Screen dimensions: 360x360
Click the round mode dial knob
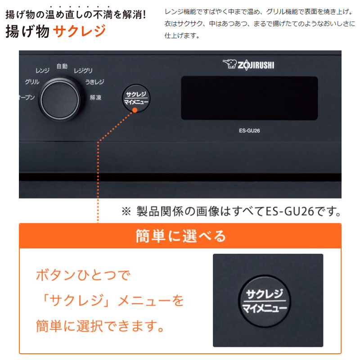click(x=60, y=99)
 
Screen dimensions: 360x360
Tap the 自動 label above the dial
click(x=62, y=66)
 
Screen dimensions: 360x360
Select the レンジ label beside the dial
click(x=42, y=71)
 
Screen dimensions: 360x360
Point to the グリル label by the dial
click(x=32, y=82)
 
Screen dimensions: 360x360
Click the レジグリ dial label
click(x=83, y=71)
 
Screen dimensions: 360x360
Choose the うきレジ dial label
click(x=94, y=82)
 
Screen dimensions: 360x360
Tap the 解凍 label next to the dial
click(x=95, y=98)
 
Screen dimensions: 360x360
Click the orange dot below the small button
click(x=135, y=110)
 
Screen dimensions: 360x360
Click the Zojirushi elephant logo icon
click(x=229, y=64)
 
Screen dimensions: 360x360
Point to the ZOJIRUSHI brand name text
click(x=256, y=65)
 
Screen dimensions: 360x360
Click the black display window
click(x=250, y=98)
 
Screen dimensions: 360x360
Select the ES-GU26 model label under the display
click(x=249, y=130)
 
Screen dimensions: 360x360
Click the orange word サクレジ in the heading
click(x=80, y=31)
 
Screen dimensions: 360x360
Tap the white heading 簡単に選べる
click(x=181, y=236)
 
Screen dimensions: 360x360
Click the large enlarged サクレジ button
click(x=265, y=301)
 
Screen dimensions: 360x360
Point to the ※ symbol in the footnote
click(x=126, y=211)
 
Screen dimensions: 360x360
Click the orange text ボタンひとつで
click(x=83, y=275)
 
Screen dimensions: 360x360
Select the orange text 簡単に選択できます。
click(x=100, y=326)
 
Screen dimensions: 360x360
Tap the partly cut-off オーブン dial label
click(x=27, y=97)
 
